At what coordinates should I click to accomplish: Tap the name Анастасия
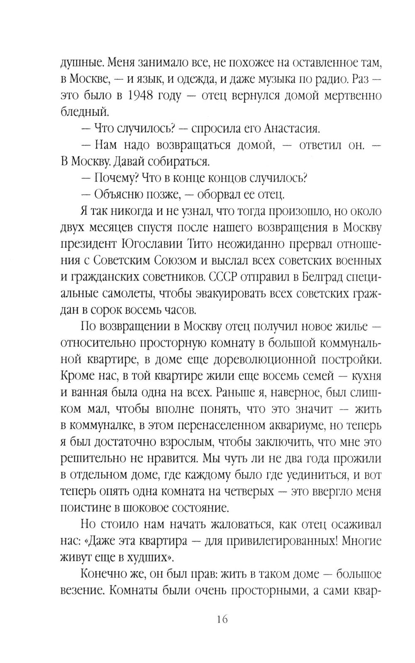(291, 128)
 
